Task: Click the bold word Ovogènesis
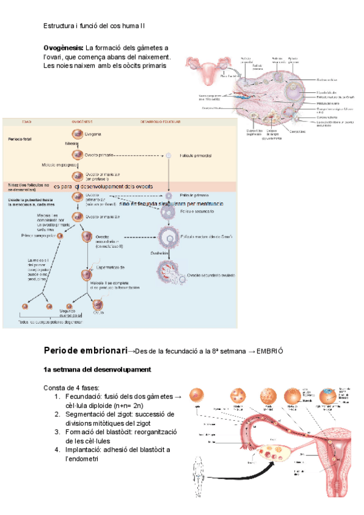(x=63, y=48)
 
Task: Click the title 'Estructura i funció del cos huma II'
(x=94, y=26)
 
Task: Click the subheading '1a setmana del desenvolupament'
(x=97, y=370)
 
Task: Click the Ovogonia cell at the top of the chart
(x=77, y=133)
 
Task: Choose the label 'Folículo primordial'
(x=195, y=155)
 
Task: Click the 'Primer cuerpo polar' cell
(x=59, y=236)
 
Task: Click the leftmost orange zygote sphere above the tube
(x=196, y=395)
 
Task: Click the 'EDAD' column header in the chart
(x=27, y=121)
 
